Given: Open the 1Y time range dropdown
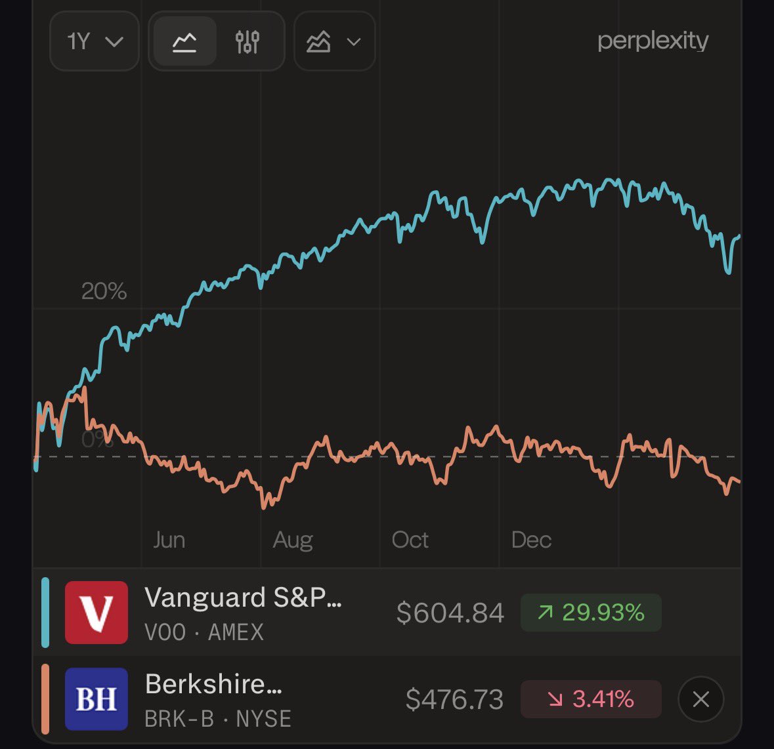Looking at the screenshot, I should click(95, 42).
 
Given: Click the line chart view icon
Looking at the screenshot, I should click(184, 42).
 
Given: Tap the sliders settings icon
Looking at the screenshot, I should click(247, 42).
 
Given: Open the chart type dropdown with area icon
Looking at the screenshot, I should click(334, 42).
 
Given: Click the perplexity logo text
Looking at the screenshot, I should click(653, 41).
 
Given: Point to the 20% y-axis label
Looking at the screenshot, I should click(104, 291).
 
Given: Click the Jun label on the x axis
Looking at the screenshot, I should click(169, 540).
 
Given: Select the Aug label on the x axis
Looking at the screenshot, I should click(293, 540).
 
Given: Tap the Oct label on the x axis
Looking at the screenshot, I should click(410, 540).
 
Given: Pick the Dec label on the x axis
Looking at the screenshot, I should click(531, 540).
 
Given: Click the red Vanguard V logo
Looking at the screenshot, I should click(97, 613).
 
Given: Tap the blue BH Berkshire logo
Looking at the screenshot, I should click(97, 699).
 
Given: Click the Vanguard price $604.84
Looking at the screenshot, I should click(450, 613).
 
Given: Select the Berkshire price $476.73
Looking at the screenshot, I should click(454, 700).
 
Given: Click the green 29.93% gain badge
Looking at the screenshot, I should click(591, 613).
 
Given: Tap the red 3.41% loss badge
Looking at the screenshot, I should click(591, 699).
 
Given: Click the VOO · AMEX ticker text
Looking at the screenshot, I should click(204, 632).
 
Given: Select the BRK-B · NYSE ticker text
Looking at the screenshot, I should click(218, 719).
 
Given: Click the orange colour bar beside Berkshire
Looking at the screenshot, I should click(45, 699).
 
